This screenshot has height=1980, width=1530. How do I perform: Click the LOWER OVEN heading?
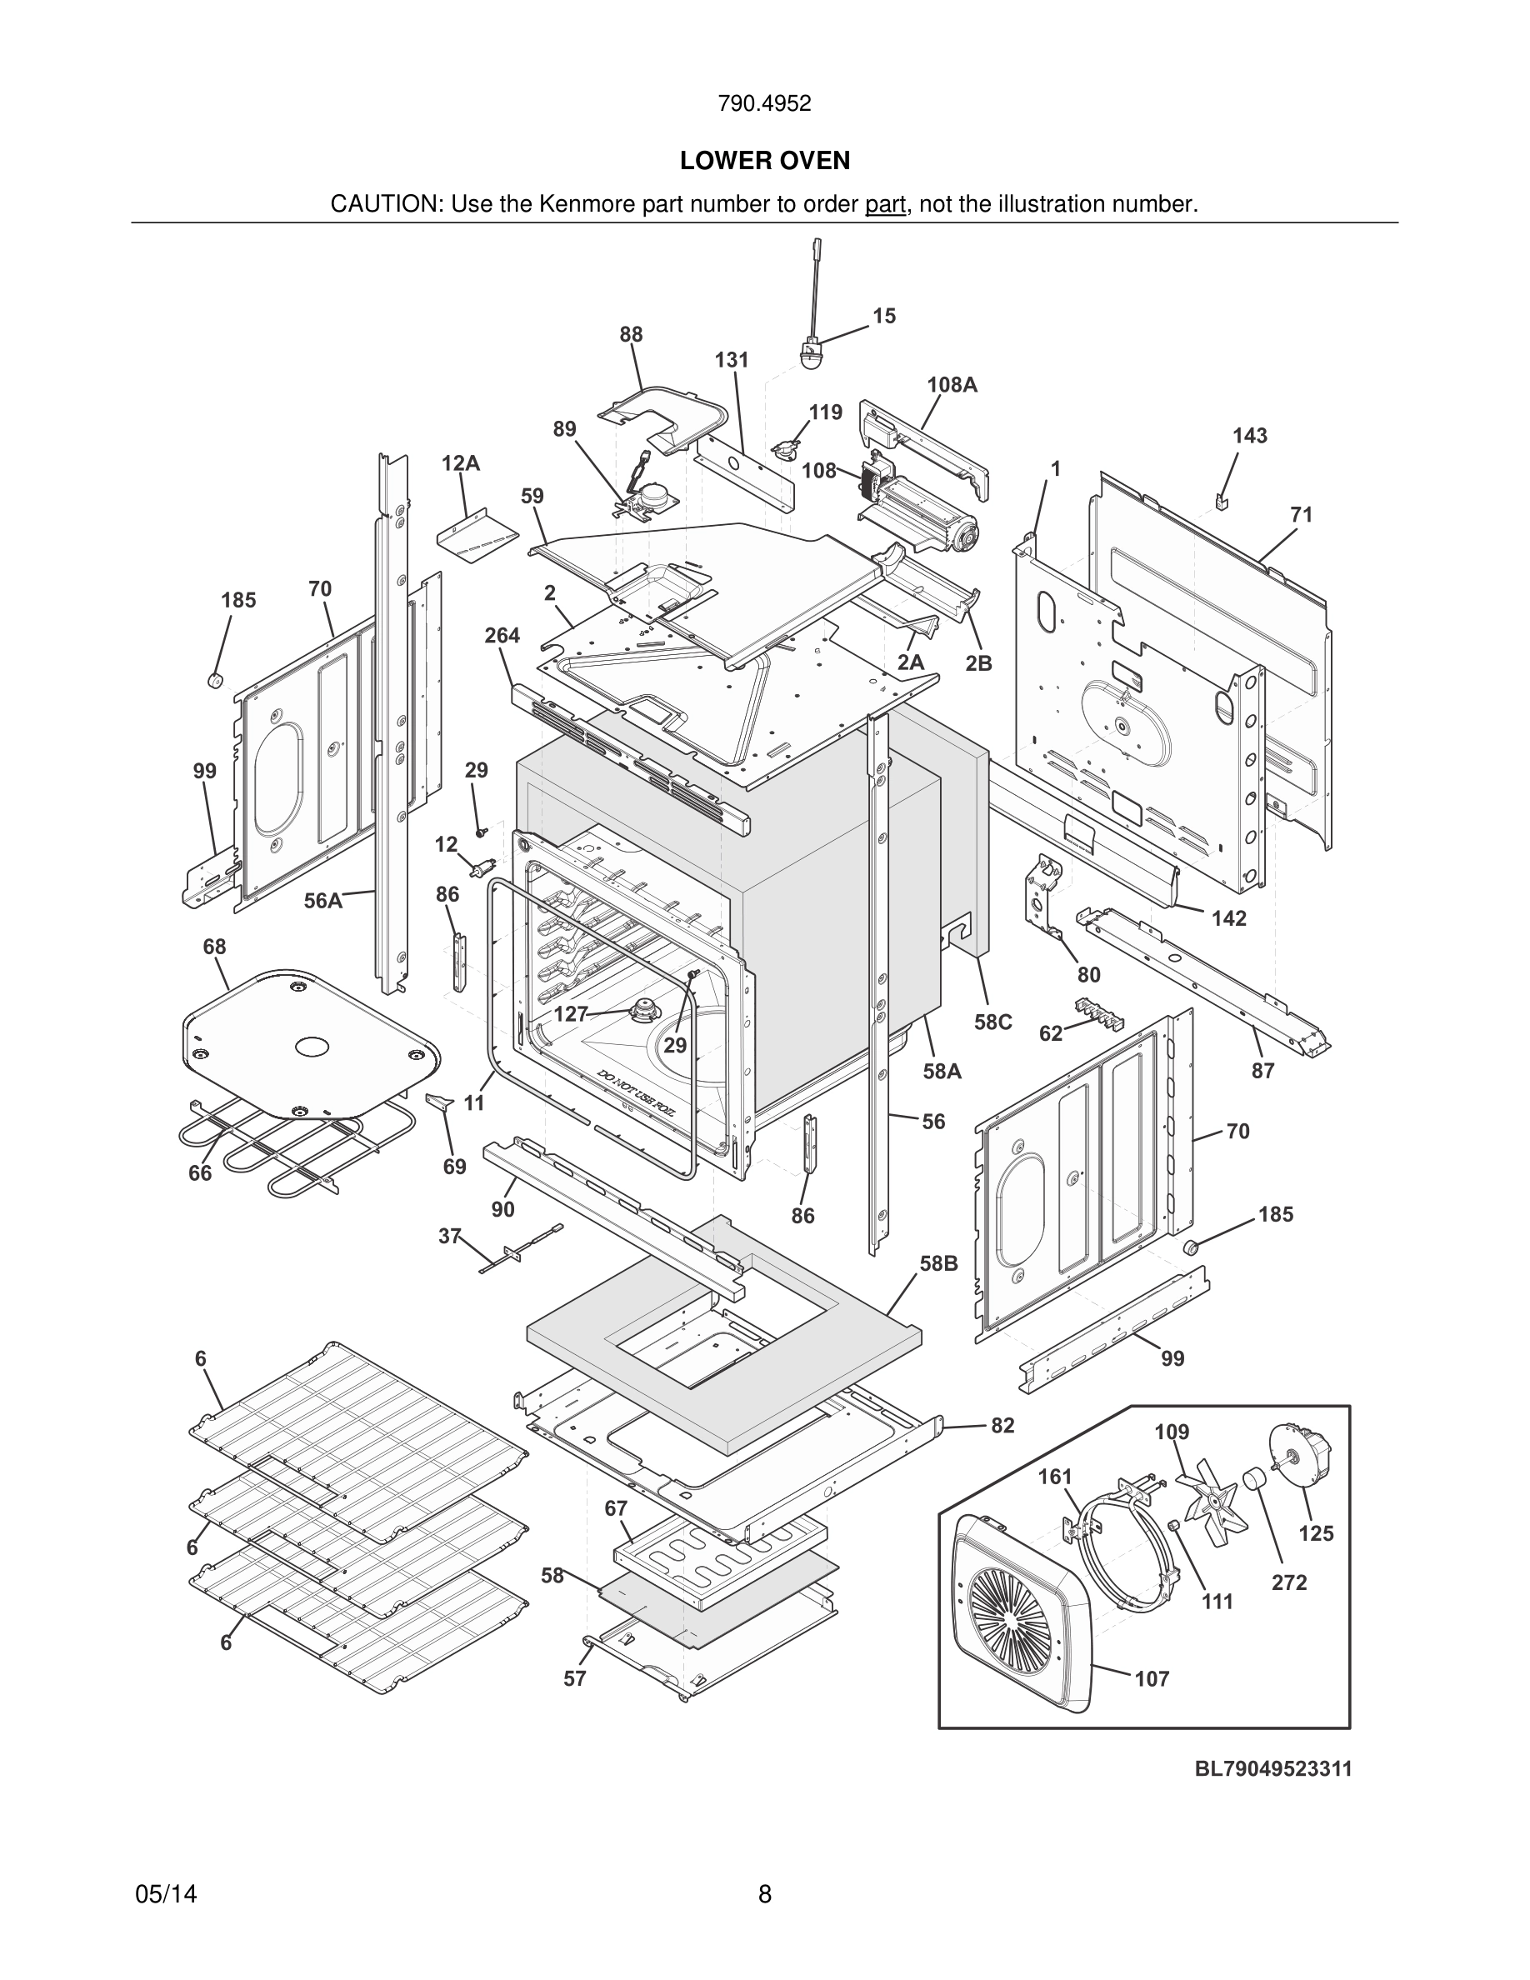[764, 161]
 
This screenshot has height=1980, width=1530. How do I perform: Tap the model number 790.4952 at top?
[764, 103]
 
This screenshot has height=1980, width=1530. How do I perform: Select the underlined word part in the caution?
[885, 204]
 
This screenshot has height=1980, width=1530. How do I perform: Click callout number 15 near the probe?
[883, 316]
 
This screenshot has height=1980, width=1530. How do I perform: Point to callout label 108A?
[952, 384]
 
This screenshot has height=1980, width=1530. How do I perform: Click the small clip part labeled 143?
[1221, 499]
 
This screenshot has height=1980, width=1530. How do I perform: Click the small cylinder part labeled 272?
[1253, 1482]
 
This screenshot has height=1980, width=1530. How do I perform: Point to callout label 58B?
[938, 1262]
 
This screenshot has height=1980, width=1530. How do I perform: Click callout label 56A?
[322, 900]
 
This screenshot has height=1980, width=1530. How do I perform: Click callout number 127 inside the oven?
[571, 1014]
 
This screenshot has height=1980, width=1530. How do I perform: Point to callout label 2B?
[978, 662]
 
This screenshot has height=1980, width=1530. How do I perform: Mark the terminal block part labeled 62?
[1098, 1015]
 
